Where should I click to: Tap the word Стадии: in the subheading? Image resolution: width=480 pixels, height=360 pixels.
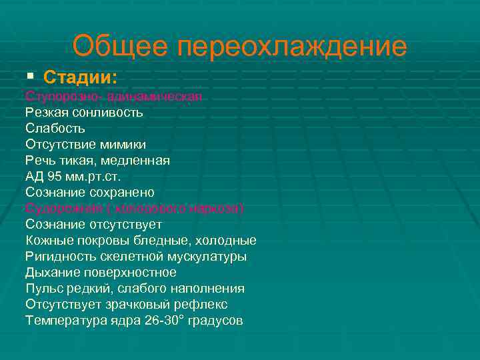81,77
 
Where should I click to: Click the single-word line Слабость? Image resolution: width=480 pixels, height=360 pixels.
55,128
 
